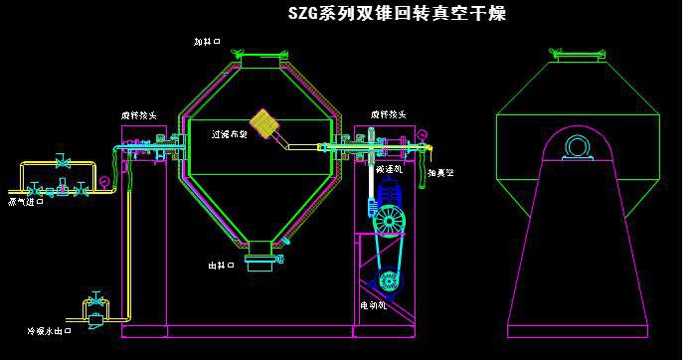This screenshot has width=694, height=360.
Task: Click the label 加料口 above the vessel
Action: tap(208, 42)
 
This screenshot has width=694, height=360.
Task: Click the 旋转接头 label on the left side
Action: tap(138, 115)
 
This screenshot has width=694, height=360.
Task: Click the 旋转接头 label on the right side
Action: tap(389, 115)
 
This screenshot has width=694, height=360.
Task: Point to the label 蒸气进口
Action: tap(26, 201)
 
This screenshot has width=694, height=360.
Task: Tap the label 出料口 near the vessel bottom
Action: tap(221, 266)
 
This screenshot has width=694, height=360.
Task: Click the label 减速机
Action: tap(390, 169)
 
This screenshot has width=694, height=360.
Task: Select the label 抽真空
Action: tap(440, 173)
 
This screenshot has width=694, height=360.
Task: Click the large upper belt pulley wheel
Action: tap(389, 220)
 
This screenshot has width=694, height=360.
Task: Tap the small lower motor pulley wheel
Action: tap(389, 281)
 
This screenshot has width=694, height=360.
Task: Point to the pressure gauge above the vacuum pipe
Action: tap(422, 134)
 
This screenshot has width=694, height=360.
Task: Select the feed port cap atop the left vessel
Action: tap(261, 57)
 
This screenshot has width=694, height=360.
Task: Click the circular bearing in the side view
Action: tap(578, 147)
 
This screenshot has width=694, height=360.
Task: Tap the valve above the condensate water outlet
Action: tap(95, 301)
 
